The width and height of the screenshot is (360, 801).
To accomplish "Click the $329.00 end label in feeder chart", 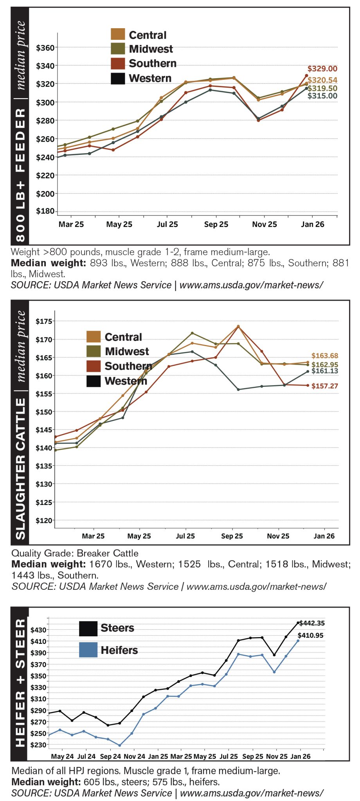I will click(322, 69).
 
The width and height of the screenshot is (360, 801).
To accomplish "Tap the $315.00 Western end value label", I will click(322, 96).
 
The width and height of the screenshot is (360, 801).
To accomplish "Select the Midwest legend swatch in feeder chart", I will click(118, 49).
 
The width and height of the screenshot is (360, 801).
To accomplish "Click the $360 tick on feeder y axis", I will click(45, 48).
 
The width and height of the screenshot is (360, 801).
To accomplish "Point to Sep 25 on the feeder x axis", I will click(216, 224).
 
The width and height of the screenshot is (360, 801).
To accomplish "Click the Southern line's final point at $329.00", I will click(306, 75).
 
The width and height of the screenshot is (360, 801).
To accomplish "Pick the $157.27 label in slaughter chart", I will click(324, 386).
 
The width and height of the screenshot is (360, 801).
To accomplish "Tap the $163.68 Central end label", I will click(324, 356).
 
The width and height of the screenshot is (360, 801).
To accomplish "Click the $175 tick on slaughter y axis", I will click(43, 321).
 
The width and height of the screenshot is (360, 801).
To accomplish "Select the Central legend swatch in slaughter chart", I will click(94, 337).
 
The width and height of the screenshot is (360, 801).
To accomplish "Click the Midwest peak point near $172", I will click(192, 333).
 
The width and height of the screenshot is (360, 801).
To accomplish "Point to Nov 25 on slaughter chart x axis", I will click(278, 536).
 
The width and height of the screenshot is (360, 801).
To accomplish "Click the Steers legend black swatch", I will click(88, 629).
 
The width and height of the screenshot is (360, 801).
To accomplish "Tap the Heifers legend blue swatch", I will click(88, 650).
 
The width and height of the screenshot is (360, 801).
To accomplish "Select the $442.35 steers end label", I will click(312, 623).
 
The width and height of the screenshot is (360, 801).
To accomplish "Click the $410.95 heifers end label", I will click(311, 636).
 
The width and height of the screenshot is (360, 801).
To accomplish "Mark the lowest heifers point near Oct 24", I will click(120, 745).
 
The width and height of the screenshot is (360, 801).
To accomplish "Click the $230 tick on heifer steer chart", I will click(38, 745).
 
